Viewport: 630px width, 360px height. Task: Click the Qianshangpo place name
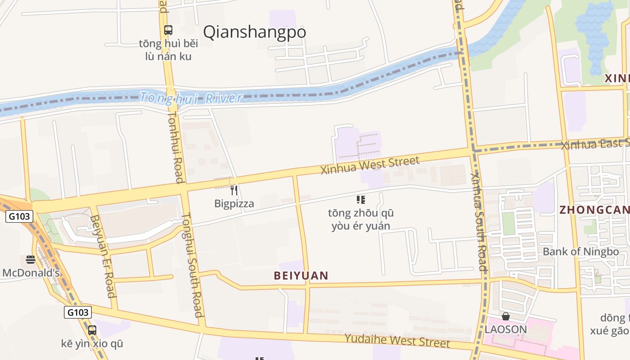(x=254, y=32)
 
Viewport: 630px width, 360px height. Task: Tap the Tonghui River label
(x=191, y=98)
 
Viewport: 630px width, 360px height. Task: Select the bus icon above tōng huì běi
(x=168, y=30)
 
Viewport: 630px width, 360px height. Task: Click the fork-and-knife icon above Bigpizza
(x=234, y=190)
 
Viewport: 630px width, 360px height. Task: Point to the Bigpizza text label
(x=234, y=203)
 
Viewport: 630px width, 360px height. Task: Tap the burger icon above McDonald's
(x=31, y=260)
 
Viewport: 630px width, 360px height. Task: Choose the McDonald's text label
(x=31, y=273)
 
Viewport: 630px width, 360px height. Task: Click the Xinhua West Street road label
(x=369, y=165)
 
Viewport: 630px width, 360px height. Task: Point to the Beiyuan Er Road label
(x=103, y=256)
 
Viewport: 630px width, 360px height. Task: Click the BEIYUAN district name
(x=301, y=275)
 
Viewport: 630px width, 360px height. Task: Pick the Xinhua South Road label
(x=478, y=222)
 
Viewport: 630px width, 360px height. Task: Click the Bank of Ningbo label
(x=580, y=252)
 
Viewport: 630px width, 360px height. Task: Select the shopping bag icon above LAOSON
(x=506, y=316)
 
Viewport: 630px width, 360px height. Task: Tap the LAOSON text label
(x=506, y=329)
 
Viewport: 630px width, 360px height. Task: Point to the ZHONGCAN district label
(x=594, y=210)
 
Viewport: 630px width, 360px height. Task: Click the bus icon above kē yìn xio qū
(x=92, y=330)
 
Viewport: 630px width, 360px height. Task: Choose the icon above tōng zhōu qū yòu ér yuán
(x=361, y=199)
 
